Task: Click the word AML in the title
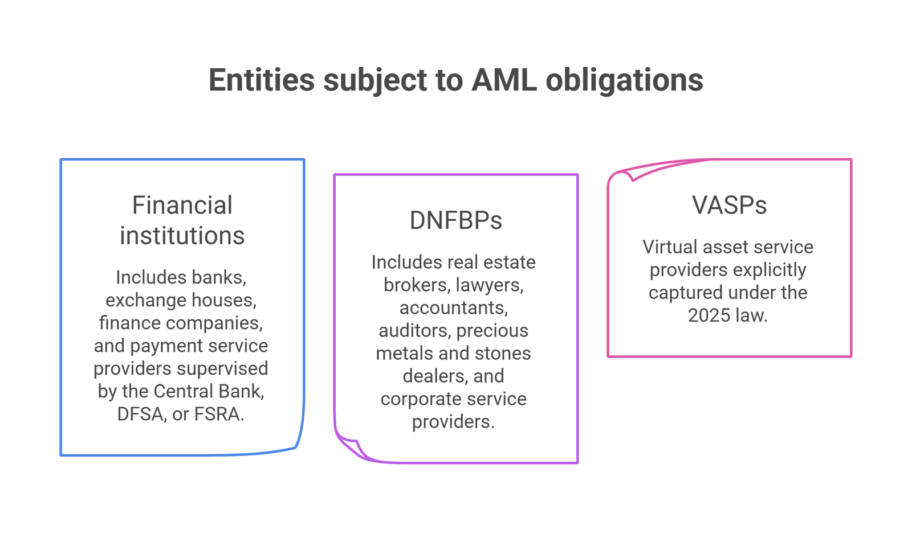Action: point(504,80)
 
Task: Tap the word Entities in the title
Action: point(262,80)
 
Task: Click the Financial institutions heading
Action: point(182,220)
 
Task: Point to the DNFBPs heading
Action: point(455,220)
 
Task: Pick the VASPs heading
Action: point(729,205)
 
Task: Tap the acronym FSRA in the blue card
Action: point(219,414)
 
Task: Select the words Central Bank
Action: point(209,391)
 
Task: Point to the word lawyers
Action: point(490,285)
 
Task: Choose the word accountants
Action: point(454,308)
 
